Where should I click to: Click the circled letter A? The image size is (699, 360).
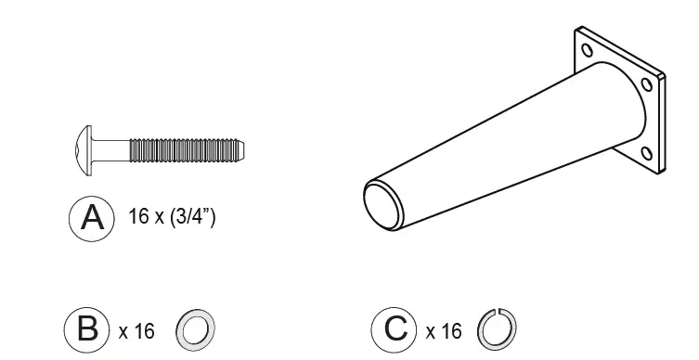(91, 219)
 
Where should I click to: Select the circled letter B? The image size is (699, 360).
(86, 329)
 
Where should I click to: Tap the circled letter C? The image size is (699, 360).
(395, 329)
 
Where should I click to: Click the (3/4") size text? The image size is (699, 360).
(192, 216)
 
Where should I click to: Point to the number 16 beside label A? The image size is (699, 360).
(138, 216)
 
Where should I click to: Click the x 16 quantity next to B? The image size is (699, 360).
(136, 331)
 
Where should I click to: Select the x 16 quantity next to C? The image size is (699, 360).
(444, 331)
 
